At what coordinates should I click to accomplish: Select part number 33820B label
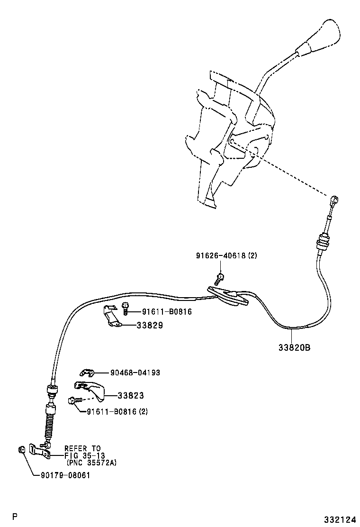pos(294,347)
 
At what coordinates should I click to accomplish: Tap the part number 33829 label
pos(150,325)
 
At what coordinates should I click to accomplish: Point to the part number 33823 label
pos(130,395)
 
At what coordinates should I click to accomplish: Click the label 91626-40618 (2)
pos(226,255)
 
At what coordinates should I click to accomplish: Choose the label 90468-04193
pos(135,373)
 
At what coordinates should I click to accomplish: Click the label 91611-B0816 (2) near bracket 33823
pos(117,411)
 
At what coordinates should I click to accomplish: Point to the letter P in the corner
pos(15,517)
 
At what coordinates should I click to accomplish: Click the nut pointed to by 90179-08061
pos(21,450)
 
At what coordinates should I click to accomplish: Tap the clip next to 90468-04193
pos(87,373)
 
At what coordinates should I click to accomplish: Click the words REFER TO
pos(82,448)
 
